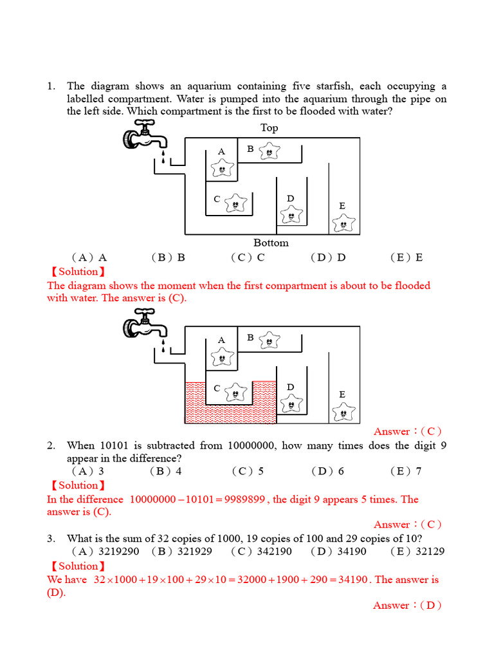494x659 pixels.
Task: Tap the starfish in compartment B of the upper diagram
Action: (x=269, y=151)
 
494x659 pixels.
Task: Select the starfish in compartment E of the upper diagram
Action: (x=343, y=224)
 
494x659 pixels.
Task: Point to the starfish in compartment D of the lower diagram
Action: (x=292, y=404)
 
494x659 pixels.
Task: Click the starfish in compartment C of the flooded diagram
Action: (x=236, y=391)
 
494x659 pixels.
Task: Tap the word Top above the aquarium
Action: (x=269, y=127)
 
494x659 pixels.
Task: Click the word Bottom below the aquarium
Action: (x=271, y=243)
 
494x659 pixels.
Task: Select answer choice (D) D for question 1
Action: (x=328, y=257)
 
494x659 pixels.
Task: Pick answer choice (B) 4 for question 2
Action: (x=166, y=471)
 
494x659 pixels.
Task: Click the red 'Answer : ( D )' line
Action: (x=407, y=605)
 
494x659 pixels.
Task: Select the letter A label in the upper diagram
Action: (x=221, y=151)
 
